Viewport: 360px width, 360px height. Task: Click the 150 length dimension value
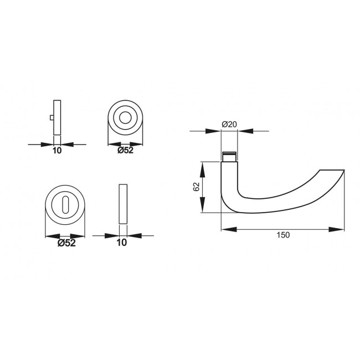pos(282,235)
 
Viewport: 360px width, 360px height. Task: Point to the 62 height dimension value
pos(197,187)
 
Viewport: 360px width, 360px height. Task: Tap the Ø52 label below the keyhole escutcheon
pos(66,243)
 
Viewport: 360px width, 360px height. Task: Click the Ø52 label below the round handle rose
pos(125,150)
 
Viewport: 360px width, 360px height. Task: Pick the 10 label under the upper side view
pos(57,150)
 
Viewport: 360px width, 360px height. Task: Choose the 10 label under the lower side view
pos(122,243)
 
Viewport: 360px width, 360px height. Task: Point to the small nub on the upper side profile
pos(52,117)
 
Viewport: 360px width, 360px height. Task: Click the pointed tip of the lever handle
pos(343,171)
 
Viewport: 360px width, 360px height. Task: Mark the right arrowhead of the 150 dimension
pos(338,229)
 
